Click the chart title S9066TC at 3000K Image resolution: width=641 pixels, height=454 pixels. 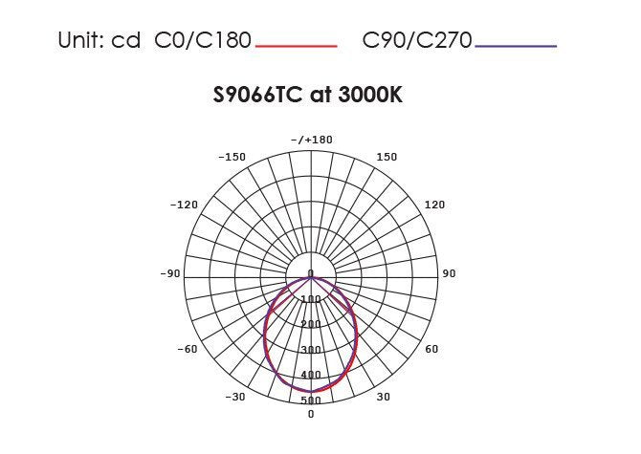(x=308, y=95)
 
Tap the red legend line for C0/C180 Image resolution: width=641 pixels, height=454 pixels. (x=297, y=46)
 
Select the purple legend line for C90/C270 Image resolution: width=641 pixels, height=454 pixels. (x=516, y=46)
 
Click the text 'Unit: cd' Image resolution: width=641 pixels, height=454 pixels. (x=99, y=40)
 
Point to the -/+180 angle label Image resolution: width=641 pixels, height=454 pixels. (x=312, y=140)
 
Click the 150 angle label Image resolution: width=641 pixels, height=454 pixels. (x=387, y=157)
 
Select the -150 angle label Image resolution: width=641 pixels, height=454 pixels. (x=232, y=157)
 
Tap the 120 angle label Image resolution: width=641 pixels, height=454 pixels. (x=434, y=205)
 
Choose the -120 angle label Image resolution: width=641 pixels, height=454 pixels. (x=184, y=205)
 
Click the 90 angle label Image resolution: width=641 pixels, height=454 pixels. (x=449, y=273)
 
